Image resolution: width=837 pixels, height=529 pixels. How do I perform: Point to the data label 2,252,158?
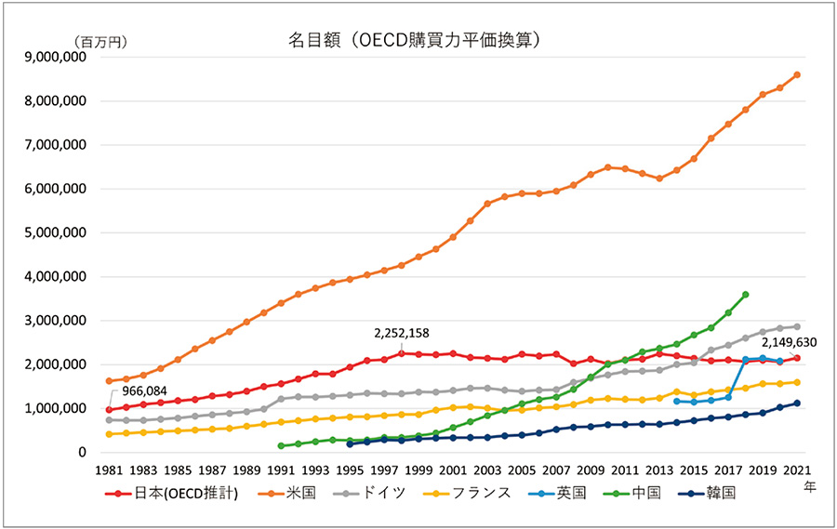pyautogui.click(x=402, y=333)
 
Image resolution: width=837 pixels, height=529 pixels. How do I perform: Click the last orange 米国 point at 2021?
pyautogui.click(x=797, y=75)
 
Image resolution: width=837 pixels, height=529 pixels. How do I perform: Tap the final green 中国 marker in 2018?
pyautogui.click(x=745, y=295)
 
